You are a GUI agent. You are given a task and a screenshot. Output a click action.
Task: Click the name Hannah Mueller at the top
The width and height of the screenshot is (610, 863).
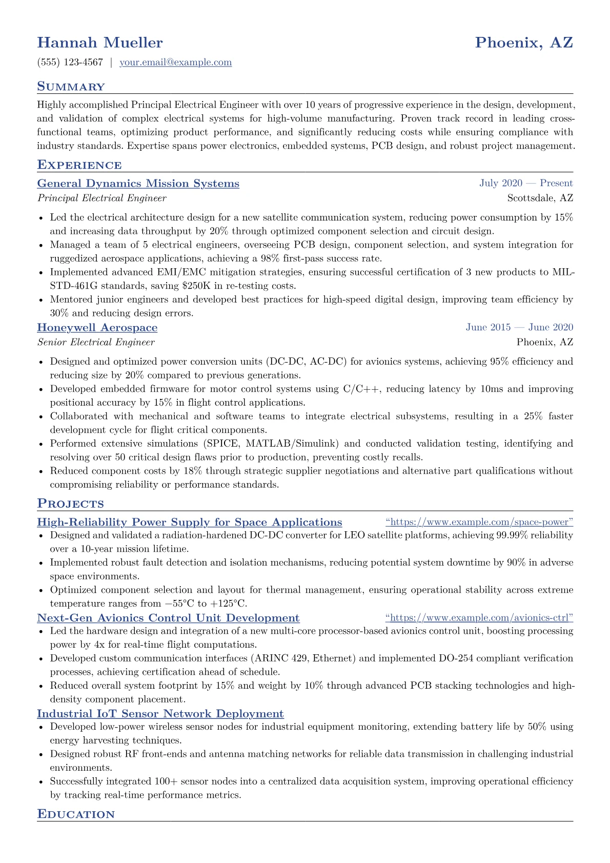tap(100, 43)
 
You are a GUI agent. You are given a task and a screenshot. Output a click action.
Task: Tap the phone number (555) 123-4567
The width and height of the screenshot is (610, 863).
tap(70, 63)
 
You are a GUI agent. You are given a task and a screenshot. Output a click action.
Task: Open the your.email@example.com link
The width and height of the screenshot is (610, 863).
tap(175, 63)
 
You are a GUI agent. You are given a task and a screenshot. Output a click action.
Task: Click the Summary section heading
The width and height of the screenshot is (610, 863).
tap(71, 87)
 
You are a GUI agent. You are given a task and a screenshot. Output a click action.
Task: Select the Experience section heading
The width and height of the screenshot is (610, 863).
tap(79, 165)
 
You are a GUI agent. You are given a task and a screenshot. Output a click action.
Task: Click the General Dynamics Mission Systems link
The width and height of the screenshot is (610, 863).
tap(138, 184)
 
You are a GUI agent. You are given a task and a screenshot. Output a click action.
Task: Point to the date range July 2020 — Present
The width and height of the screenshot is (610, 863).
tap(526, 184)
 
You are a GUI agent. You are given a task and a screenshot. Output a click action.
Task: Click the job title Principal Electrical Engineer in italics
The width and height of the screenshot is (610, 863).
tap(101, 198)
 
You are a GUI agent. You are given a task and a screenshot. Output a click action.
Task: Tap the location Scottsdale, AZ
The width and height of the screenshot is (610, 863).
tap(540, 198)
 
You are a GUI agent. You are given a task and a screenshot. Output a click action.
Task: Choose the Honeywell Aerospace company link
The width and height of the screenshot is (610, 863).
tap(97, 328)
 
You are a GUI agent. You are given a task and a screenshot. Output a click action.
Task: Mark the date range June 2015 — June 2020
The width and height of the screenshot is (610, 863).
tap(519, 328)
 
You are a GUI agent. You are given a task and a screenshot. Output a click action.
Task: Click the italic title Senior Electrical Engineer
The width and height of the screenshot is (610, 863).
tap(96, 343)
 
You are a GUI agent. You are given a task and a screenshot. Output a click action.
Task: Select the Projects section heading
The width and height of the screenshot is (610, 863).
tap(70, 504)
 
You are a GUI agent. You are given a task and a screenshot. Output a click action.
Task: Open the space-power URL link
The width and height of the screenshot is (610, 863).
tap(479, 523)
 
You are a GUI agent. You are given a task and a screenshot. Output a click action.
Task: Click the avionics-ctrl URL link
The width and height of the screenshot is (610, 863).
tap(479, 618)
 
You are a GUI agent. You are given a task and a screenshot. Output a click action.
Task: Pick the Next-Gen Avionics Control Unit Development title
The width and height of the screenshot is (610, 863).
tap(168, 618)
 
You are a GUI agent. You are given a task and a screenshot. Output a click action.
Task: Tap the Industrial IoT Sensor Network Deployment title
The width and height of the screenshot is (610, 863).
tap(160, 714)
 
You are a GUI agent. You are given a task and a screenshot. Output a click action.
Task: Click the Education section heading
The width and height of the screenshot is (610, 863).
tap(76, 814)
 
